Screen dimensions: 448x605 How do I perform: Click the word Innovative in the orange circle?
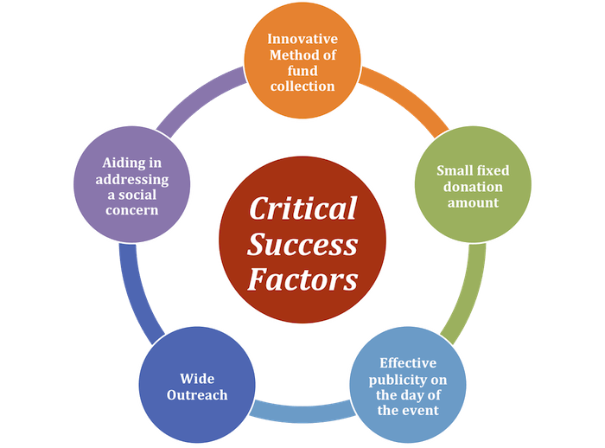point(302,39)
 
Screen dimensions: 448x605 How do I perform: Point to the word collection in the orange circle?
point(302,86)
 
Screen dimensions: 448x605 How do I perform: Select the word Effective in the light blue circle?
point(408,362)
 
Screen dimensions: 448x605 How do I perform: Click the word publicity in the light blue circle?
point(408,378)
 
